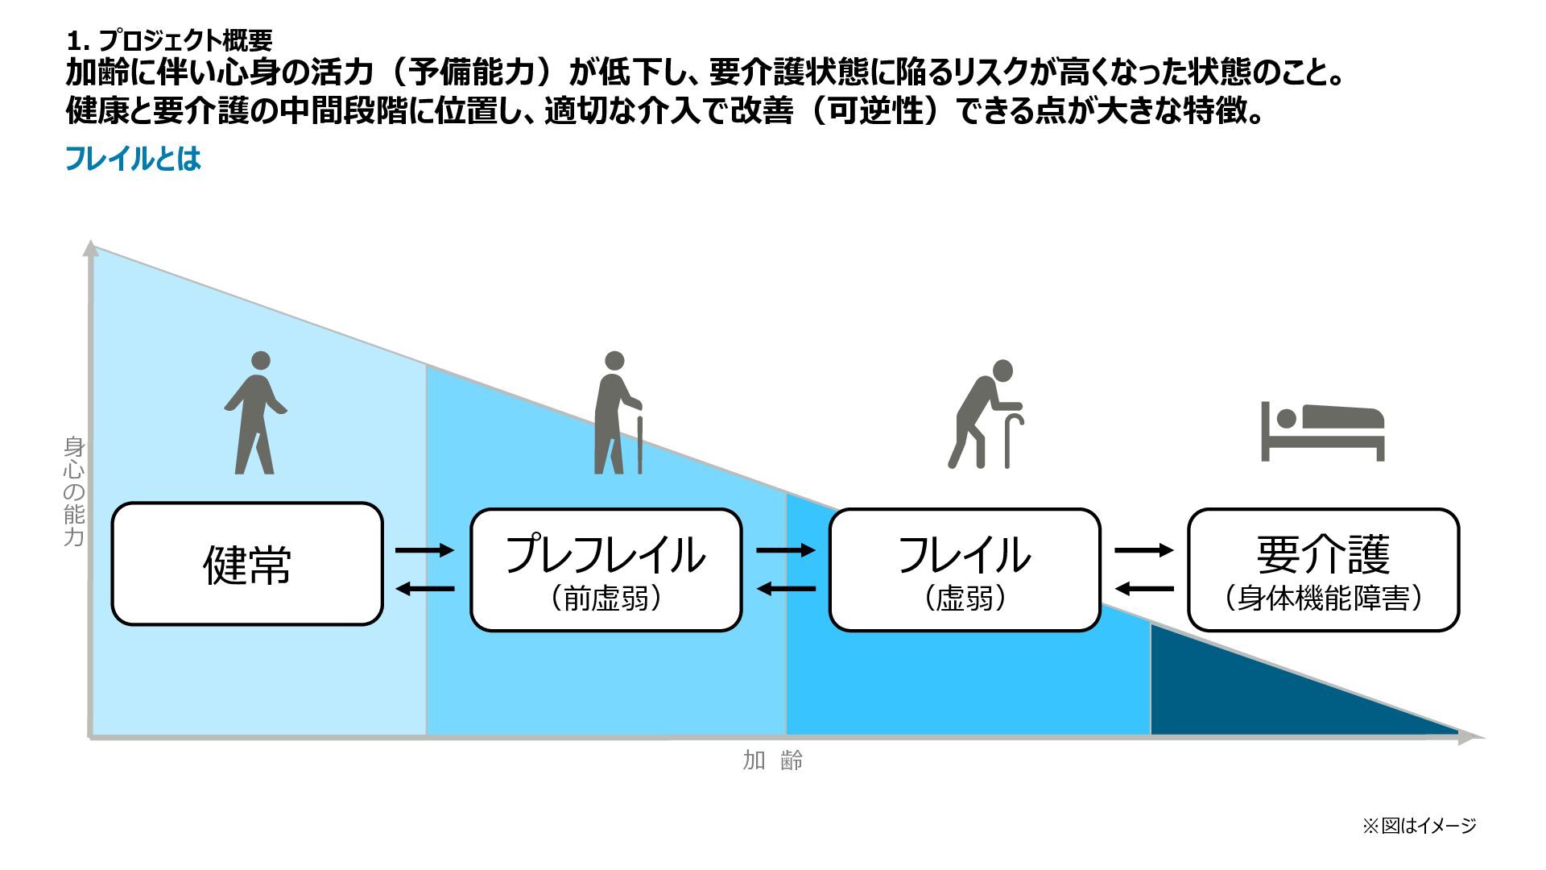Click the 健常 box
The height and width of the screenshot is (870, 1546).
[247, 564]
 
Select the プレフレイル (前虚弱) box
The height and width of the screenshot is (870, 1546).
[606, 570]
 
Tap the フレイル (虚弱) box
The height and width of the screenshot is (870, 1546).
[965, 570]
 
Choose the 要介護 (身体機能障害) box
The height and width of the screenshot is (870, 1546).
[1323, 570]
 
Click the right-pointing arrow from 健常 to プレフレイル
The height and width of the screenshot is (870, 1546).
[424, 550]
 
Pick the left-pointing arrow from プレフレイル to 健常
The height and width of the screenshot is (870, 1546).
[424, 589]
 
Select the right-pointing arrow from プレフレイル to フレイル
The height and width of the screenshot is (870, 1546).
[785, 550]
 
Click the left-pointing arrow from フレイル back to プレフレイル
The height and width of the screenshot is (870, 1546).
[785, 589]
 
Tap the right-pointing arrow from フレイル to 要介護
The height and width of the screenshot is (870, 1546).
[1143, 550]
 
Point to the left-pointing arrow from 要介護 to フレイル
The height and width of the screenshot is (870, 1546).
[1143, 589]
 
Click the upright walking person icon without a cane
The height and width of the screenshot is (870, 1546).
[256, 412]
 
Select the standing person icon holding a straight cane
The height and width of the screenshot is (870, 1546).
[618, 412]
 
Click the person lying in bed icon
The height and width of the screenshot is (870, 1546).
[1322, 431]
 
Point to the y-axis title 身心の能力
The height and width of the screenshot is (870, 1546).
[74, 491]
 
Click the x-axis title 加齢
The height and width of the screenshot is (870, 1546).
[772, 760]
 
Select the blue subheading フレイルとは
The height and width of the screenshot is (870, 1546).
[133, 159]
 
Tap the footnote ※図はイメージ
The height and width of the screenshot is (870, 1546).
[1419, 826]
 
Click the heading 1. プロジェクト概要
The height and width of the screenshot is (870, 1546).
[169, 39]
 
